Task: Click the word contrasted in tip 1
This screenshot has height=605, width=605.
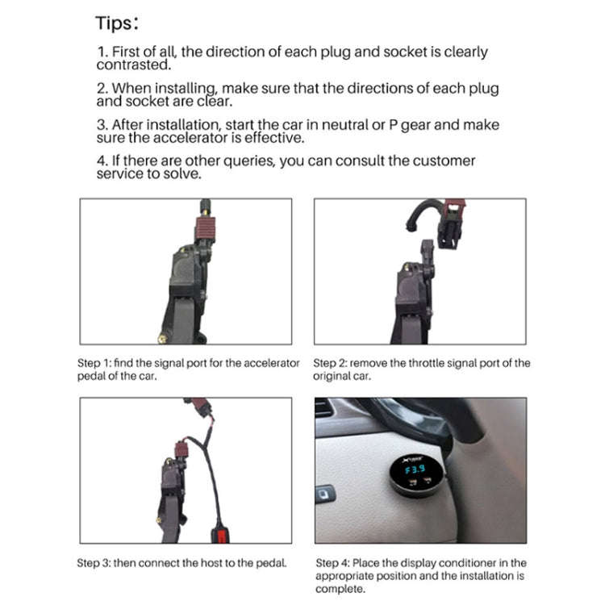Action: (x=132, y=65)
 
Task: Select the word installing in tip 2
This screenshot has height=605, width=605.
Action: (x=187, y=88)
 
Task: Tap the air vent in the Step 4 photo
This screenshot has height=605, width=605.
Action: (x=325, y=411)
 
